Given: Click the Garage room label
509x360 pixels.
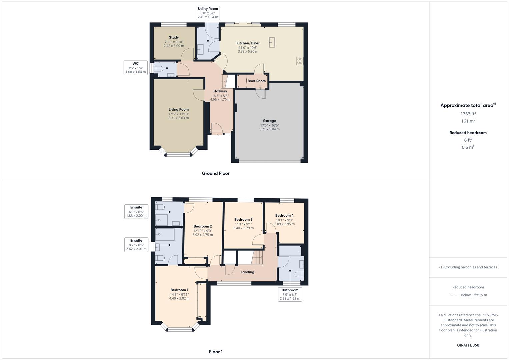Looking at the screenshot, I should point(269,121).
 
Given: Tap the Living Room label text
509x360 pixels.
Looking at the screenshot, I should point(179,109).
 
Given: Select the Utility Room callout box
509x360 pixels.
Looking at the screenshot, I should point(208,13).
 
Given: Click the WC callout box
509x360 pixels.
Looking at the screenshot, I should point(135,68).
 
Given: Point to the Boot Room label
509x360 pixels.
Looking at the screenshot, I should point(257,81).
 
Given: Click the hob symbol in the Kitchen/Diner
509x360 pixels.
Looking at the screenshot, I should point(300,61).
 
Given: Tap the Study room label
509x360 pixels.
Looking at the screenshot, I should point(174,37).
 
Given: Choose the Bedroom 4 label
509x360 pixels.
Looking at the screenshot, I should point(284,215).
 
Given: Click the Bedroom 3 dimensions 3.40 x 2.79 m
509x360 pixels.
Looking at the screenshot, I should point(243,228).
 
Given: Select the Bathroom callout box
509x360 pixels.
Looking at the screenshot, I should point(290,294).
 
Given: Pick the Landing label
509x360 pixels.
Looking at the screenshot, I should point(247,272).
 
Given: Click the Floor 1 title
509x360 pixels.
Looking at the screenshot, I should point(216,352).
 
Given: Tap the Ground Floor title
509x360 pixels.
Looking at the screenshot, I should point(216,173).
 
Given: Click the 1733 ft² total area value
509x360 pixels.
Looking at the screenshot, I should point(468,114).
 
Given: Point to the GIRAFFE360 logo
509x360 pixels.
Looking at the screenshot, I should point(468,345).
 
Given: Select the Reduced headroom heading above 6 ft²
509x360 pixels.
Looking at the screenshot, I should point(468,133).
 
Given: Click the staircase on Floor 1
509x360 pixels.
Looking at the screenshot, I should point(257,257).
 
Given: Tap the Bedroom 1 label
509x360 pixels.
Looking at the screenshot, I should point(179,290).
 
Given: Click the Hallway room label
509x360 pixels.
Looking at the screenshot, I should point(220,91).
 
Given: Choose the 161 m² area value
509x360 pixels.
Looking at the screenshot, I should point(468,121).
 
